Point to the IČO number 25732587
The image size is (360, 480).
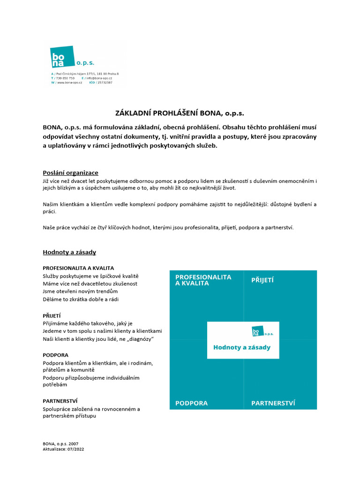pos(105,82)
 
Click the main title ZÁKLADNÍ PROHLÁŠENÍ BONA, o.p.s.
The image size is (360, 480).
pos(180,113)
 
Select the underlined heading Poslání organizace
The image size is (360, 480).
pos(70,173)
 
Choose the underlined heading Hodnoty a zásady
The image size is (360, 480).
pos(69,252)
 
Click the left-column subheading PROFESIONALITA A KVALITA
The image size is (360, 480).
pos(78,268)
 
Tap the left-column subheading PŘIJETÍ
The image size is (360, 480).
pos(52,315)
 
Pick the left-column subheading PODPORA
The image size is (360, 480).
pos(55,355)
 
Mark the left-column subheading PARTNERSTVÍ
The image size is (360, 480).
pos(60,401)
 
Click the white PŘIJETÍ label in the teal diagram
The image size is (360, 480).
pos(262,280)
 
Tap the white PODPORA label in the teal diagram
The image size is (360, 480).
pos(191,403)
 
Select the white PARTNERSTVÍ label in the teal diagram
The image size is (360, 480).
pos(273,403)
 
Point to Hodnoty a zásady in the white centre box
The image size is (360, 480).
pos(242,348)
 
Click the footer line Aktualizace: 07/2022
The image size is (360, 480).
pos(63,449)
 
